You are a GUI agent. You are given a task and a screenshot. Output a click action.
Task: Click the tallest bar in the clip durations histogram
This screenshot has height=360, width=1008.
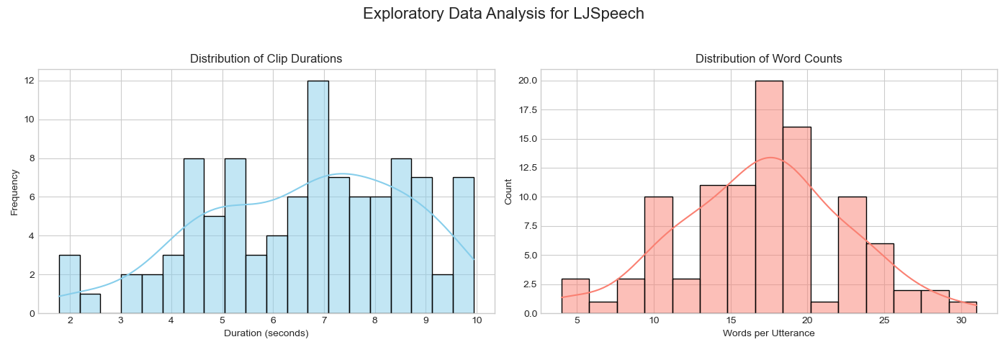pyautogui.click(x=318, y=197)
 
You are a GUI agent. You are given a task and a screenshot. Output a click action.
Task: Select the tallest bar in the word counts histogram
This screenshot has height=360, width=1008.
pyautogui.click(x=769, y=197)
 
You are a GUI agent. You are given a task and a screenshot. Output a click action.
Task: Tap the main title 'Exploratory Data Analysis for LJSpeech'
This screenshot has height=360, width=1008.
pyautogui.click(x=503, y=14)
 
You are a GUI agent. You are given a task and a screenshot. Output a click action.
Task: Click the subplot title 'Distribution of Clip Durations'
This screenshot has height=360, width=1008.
pyautogui.click(x=266, y=59)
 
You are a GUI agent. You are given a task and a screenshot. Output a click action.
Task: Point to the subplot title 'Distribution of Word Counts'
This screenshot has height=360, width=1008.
pyautogui.click(x=768, y=59)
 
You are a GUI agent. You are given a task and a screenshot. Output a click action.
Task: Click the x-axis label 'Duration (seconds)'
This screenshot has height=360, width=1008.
pyautogui.click(x=266, y=333)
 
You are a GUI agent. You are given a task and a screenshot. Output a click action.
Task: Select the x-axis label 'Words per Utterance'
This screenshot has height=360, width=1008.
pyautogui.click(x=768, y=333)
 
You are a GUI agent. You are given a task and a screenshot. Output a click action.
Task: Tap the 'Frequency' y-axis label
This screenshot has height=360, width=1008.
pyautogui.click(x=15, y=192)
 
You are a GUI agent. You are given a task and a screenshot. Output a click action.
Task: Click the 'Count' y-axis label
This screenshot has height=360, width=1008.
pyautogui.click(x=509, y=192)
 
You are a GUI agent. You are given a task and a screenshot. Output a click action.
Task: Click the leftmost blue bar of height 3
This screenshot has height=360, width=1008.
pyautogui.click(x=69, y=284)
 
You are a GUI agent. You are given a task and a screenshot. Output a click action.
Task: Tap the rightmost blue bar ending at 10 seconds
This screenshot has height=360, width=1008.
pyautogui.click(x=464, y=246)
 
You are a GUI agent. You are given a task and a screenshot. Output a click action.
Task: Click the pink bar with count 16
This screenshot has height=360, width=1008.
pyautogui.click(x=797, y=220)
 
